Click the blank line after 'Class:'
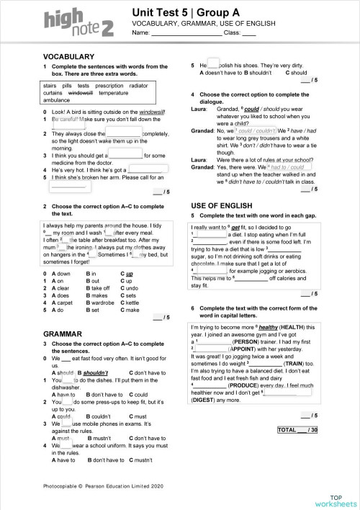[248, 34]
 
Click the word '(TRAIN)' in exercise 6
[289, 366]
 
